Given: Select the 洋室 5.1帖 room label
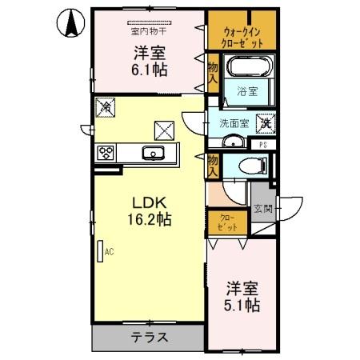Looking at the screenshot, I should click(241, 295).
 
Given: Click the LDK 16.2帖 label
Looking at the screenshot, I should click(149, 209).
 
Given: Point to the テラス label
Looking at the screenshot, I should click(149, 337).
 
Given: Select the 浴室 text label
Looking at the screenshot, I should click(247, 92).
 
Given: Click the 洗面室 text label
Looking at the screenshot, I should click(234, 124).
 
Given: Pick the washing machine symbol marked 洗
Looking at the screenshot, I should click(266, 124).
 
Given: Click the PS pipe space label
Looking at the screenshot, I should click(263, 145).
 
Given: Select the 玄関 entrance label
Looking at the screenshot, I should click(263, 210).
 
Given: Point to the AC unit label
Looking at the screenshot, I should click(106, 250).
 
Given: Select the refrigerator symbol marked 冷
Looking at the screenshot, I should click(105, 106).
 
